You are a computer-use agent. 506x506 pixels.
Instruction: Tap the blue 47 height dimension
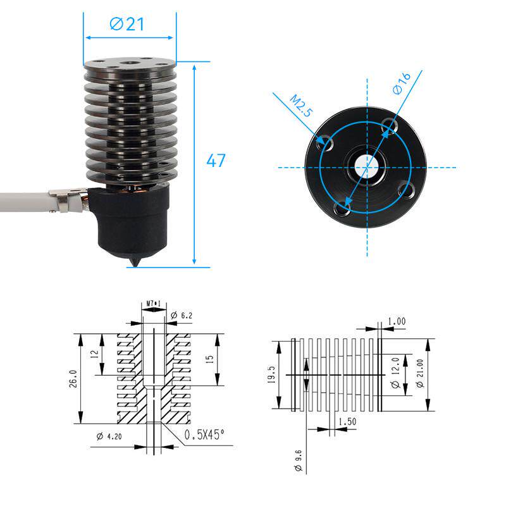pos(216,161)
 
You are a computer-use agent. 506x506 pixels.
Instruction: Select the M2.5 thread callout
pos(301,106)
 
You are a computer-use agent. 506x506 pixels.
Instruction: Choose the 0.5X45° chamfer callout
pos(205,435)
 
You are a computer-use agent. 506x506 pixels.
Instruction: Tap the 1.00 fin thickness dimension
pos(397,321)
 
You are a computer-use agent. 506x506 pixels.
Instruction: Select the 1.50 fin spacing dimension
pos(346,421)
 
